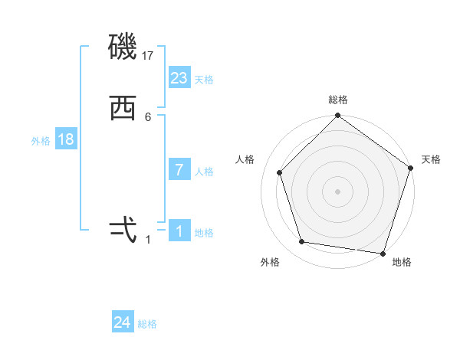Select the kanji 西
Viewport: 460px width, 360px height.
tap(123, 109)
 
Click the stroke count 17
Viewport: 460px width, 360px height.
tap(149, 55)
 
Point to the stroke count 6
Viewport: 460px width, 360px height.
tap(148, 116)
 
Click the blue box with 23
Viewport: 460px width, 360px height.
tap(179, 78)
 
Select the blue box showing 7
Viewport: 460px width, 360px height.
tap(179, 170)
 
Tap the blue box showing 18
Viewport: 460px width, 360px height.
tap(65, 139)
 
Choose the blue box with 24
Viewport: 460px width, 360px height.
tap(123, 322)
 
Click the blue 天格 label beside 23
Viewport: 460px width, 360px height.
tap(204, 80)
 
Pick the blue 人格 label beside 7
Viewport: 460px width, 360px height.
tap(204, 172)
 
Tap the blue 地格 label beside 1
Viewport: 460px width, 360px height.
tap(204, 233)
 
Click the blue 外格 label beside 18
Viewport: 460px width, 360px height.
tap(41, 141)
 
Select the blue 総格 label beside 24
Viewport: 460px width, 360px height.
tap(147, 324)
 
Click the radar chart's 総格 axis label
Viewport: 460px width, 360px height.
tap(338, 100)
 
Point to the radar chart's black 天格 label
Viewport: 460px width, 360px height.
tap(431, 159)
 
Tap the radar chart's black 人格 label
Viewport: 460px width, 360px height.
tap(245, 159)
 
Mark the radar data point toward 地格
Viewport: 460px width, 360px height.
tap(383, 253)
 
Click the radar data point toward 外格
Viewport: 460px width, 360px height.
tap(302, 242)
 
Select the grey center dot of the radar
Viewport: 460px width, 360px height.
tap(338, 191)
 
